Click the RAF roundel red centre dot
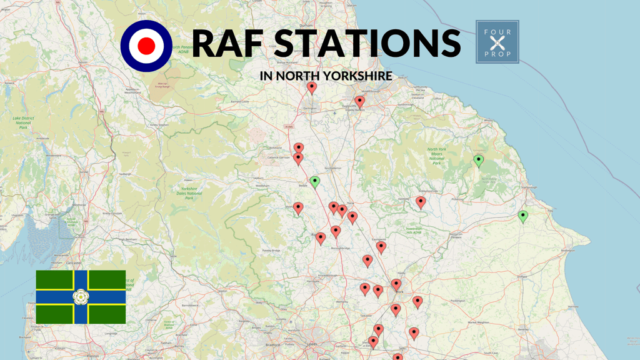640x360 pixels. tap(146, 44)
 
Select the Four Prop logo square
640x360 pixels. tap(497, 42)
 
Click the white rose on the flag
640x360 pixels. tap(80, 297)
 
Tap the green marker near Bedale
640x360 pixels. tap(315, 182)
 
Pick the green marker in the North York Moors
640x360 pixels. tap(479, 161)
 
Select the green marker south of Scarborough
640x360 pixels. tap(522, 216)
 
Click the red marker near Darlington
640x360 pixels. tap(312, 87)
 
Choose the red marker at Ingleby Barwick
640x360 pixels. tap(359, 101)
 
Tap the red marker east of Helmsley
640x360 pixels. tap(421, 201)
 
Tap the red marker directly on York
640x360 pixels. tap(396, 284)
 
